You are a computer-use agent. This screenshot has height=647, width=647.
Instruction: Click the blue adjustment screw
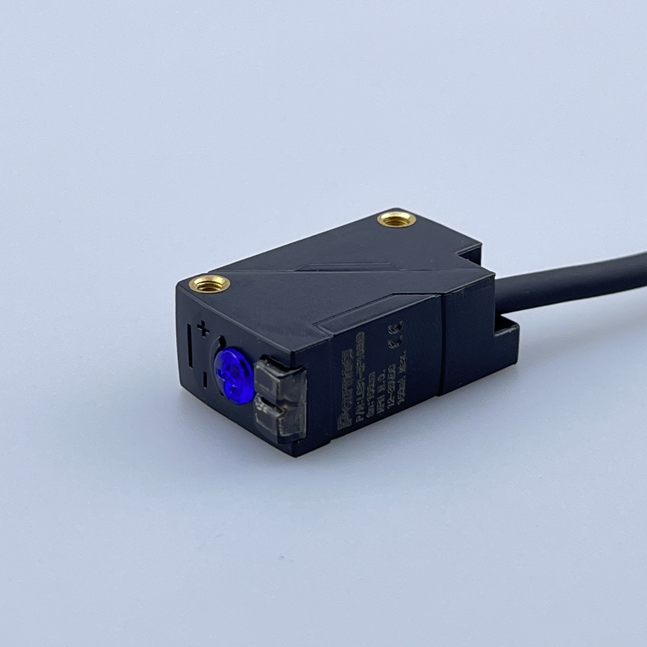233,375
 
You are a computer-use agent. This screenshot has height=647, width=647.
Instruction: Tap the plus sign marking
203,329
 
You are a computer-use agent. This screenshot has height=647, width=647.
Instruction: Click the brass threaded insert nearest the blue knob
209,283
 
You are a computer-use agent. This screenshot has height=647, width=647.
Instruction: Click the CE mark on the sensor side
395,335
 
